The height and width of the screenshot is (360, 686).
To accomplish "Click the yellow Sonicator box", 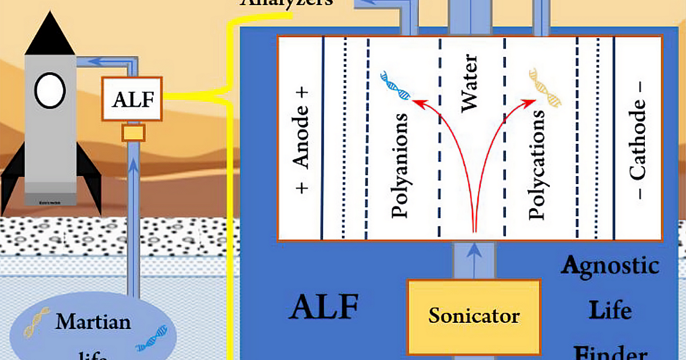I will click(x=474, y=316).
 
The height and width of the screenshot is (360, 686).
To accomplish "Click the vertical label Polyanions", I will click(x=400, y=166).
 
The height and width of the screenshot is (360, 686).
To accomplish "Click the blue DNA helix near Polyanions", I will click(x=396, y=86).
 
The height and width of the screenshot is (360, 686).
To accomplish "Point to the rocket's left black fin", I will click(x=13, y=171).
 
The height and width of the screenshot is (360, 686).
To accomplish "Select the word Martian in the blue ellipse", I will click(x=93, y=321).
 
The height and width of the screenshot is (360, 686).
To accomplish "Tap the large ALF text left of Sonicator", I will click(x=324, y=307).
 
